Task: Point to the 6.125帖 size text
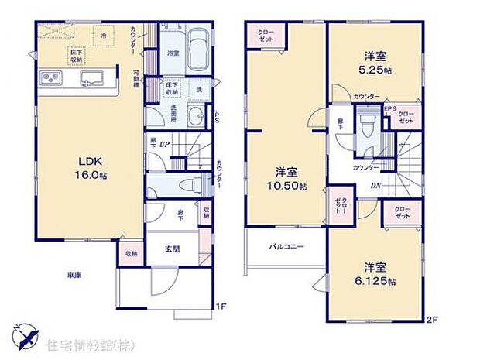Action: pos(375,280)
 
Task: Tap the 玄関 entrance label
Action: pos(172,249)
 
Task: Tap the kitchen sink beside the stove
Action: pos(94,77)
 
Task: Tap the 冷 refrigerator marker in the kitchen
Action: pos(103,36)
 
